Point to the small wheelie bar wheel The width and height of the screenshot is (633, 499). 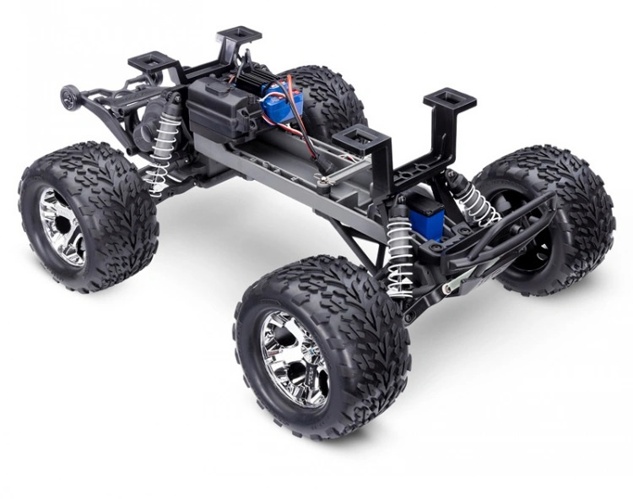pos(68,97)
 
